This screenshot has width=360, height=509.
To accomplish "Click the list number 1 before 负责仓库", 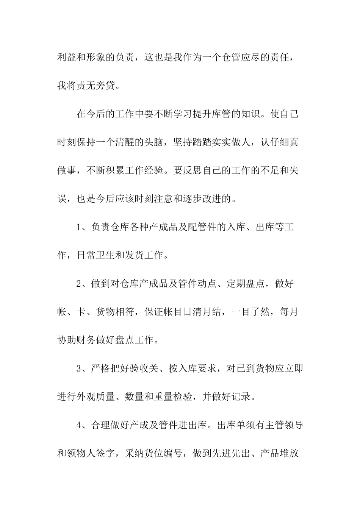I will tap(80, 227).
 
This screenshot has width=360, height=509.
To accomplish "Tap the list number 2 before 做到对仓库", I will tap(80, 284).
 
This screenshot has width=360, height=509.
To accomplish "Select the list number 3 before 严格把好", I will tap(80, 368).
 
